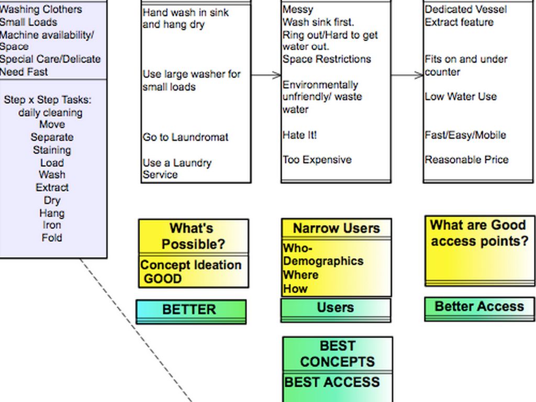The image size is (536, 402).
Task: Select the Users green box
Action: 336,308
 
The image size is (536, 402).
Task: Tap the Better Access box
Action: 479,307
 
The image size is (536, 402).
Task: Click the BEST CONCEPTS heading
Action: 337,354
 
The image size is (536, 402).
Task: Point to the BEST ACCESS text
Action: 332,382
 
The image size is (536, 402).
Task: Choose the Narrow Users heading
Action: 336,228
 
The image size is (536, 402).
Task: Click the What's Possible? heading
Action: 193,236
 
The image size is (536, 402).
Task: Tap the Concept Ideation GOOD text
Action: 191,272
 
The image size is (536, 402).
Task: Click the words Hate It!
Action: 300,135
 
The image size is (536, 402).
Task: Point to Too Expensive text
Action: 317,160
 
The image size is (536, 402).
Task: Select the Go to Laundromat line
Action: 185,137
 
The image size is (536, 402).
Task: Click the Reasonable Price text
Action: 466,160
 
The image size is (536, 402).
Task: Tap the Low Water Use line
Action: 461,97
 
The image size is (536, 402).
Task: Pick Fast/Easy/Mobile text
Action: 465,135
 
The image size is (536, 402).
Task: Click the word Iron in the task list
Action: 52,225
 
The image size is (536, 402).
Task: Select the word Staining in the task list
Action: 52,150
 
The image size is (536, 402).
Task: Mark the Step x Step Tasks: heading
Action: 48,100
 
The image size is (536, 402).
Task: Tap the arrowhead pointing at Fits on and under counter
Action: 419,75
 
